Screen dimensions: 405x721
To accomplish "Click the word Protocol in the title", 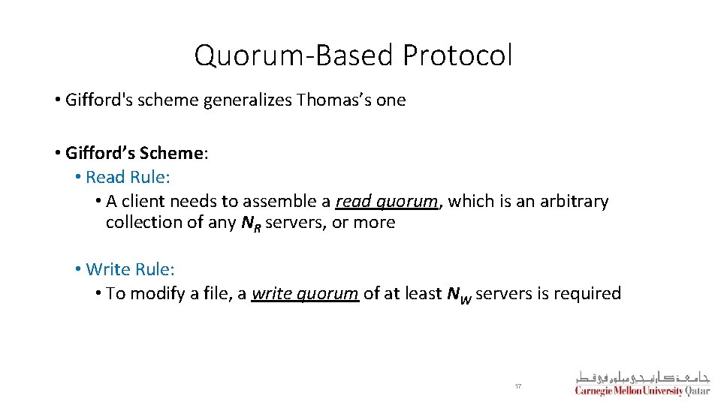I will click(457, 55).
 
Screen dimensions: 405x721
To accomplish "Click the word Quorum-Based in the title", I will click(294, 55).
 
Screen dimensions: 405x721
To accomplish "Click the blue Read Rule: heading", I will click(128, 177).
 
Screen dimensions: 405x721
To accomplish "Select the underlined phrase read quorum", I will click(386, 201).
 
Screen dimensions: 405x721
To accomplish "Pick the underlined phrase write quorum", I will click(305, 293).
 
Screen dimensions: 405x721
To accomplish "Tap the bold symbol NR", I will click(253, 223).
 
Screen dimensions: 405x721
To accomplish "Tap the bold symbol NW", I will click(458, 294).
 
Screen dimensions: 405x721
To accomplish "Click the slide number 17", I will click(518, 386).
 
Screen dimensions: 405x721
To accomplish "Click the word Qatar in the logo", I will click(698, 390).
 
